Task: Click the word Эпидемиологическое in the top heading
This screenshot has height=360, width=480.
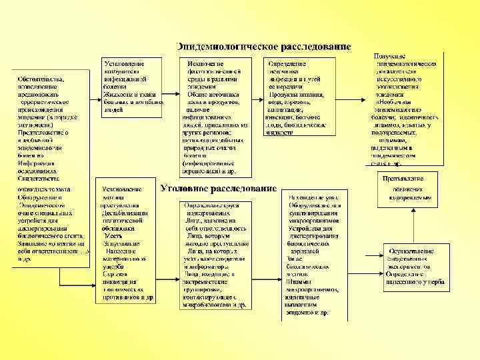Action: click(x=219, y=47)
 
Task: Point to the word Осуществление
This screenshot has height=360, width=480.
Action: click(x=408, y=251)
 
